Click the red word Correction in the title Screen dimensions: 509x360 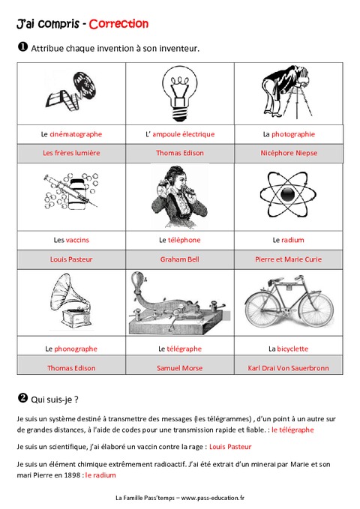coord(118,24)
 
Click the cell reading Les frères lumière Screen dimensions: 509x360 coord(71,152)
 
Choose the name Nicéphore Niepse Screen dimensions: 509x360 coord(289,152)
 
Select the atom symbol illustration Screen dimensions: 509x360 coord(289,195)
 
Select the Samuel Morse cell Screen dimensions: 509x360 coord(179,368)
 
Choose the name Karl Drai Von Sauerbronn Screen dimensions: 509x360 coord(289,368)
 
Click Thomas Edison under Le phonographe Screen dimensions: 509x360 coord(71,368)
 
